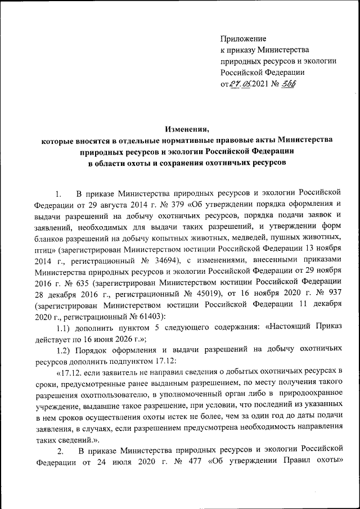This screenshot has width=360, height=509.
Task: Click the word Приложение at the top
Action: tap(242, 38)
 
